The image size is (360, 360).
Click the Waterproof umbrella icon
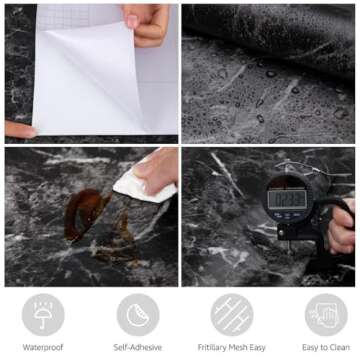[43, 313]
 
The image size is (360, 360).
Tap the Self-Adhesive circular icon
[137, 313]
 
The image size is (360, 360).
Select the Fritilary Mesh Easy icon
[231, 313]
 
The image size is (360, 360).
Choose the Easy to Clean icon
[325, 313]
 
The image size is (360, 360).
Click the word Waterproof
[43, 347]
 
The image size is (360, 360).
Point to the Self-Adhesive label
[137, 347]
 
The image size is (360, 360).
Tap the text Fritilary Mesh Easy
[231, 347]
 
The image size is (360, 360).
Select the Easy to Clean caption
[325, 347]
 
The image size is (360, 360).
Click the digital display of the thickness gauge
[287, 197]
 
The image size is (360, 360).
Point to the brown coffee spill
[85, 210]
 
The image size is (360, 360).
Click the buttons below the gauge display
[287, 215]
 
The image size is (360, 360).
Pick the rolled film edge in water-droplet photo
[270, 25]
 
